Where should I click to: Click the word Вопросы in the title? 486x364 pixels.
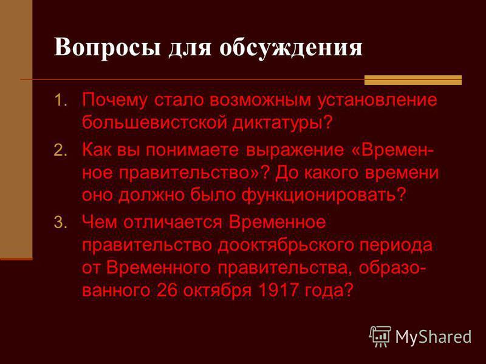[108, 47]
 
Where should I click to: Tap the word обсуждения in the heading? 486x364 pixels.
[291, 47]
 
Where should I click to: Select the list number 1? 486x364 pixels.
[60, 101]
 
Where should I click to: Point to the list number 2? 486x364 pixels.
[60, 150]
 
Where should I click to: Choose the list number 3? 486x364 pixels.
[60, 222]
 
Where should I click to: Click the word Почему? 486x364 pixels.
[114, 101]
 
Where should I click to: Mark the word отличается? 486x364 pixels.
[173, 222]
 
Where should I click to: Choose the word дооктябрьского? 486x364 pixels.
[286, 246]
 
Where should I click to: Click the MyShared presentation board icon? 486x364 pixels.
[380, 336]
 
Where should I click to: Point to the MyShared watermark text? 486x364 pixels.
[433, 337]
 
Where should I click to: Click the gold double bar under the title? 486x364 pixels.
[413, 80]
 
